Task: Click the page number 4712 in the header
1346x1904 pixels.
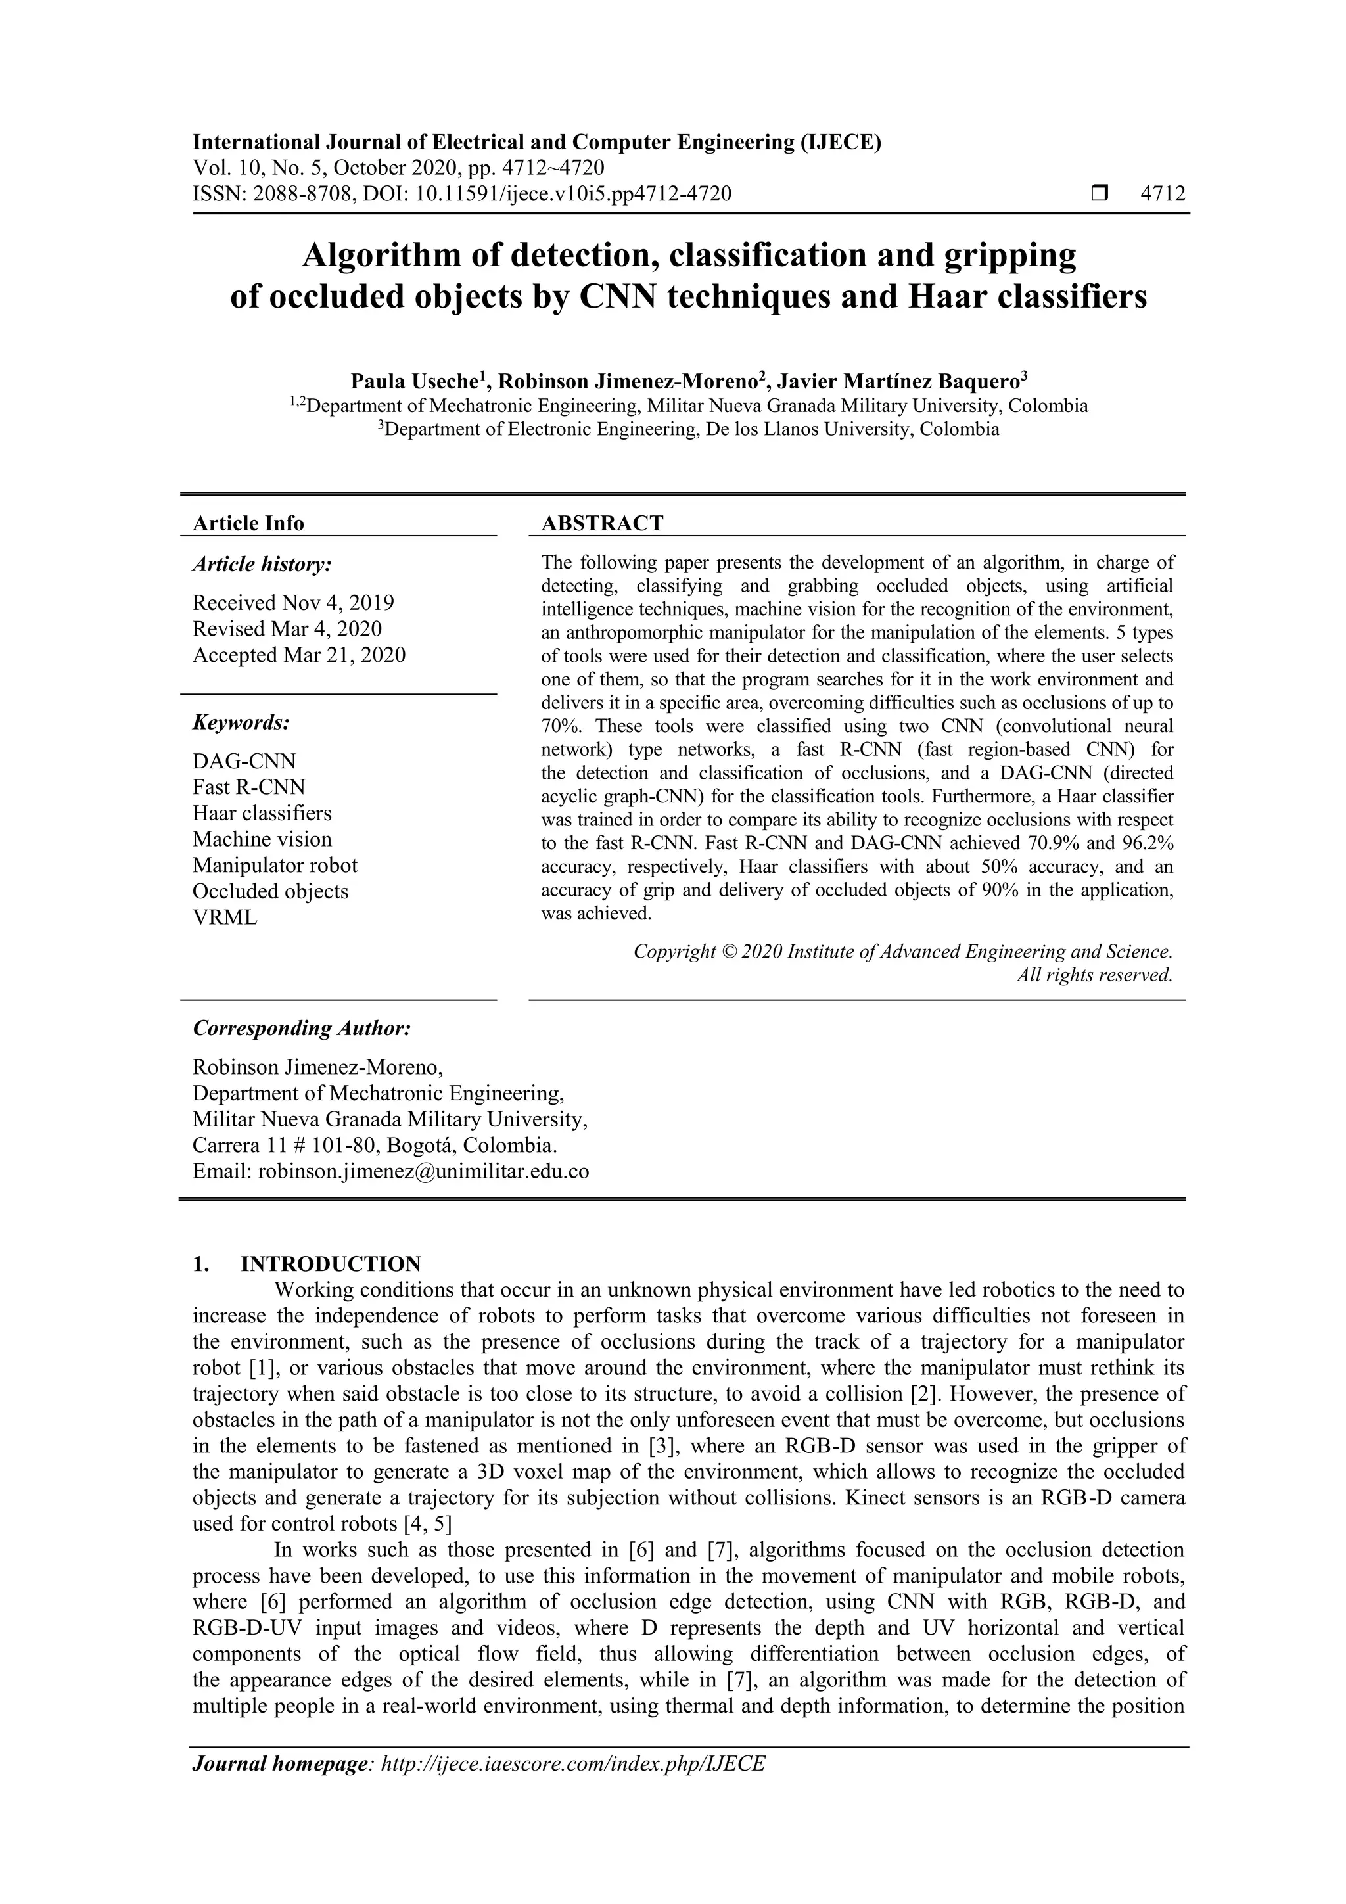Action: pyautogui.click(x=1163, y=194)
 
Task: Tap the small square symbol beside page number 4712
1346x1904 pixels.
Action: pyautogui.click(x=1100, y=194)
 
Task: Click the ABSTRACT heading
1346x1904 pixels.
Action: pyautogui.click(x=602, y=523)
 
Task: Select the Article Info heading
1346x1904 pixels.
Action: pyautogui.click(x=248, y=523)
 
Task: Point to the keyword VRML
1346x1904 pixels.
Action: pyautogui.click(x=225, y=918)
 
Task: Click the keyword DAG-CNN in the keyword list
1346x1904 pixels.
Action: pyautogui.click(x=244, y=761)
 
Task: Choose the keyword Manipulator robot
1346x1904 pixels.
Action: pyautogui.click(x=275, y=866)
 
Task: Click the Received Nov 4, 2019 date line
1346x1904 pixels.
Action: pyautogui.click(x=292, y=603)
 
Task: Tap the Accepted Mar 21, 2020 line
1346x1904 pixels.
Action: pyautogui.click(x=298, y=655)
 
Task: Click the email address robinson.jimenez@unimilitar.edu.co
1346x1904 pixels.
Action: pyautogui.click(x=423, y=1172)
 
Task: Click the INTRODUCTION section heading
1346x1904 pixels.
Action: pyautogui.click(x=330, y=1265)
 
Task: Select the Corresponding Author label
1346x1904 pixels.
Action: pyautogui.click(x=302, y=1029)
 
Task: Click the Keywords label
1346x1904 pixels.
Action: pyautogui.click(x=241, y=722)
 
